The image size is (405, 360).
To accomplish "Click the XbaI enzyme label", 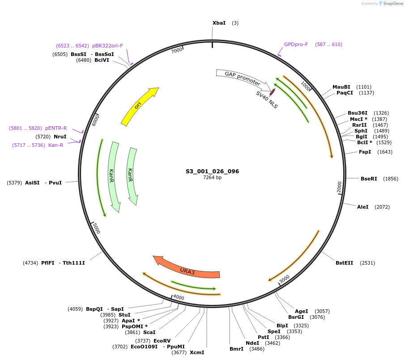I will [219, 23].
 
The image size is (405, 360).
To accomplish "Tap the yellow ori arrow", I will [139, 106].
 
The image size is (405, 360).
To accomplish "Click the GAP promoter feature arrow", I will [242, 77].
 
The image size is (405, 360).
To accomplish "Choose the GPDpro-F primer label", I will [296, 44].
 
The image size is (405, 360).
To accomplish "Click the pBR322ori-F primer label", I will [107, 46].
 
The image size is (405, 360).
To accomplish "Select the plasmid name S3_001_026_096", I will [212, 171].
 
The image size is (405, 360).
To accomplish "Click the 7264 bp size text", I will [212, 178].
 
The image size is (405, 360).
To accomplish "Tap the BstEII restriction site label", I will [345, 263].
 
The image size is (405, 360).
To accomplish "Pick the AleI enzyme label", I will [362, 207].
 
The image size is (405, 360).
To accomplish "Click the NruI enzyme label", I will [60, 136].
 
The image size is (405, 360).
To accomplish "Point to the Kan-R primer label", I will [55, 145].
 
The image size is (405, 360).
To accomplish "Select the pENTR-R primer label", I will [56, 128].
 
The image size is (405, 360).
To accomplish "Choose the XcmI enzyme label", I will [197, 352].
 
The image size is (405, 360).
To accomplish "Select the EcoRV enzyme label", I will [162, 341].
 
